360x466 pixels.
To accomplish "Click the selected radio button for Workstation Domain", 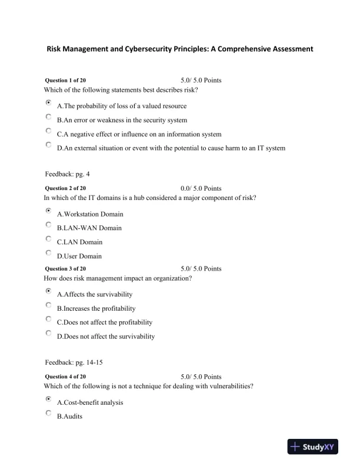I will click(x=48, y=210).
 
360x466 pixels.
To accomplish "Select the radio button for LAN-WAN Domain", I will click(x=48, y=224).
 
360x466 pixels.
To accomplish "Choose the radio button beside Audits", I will click(x=48, y=413).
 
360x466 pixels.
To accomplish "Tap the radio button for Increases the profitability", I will click(x=48, y=305).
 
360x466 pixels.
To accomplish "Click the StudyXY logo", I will click(x=312, y=447).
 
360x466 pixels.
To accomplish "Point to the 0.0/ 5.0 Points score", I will click(x=201, y=188).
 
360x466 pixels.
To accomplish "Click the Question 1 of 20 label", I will click(x=65, y=80).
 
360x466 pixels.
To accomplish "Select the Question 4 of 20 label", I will click(x=65, y=377).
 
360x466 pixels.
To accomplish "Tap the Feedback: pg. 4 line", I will click(x=67, y=174).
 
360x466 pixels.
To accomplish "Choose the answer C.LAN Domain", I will click(x=79, y=242).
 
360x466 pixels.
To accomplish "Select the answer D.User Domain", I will click(x=79, y=256).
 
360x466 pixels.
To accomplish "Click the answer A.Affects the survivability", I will click(x=95, y=294).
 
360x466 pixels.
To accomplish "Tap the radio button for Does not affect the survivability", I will click(x=48, y=333).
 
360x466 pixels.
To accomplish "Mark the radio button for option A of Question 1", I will click(x=48, y=102).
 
